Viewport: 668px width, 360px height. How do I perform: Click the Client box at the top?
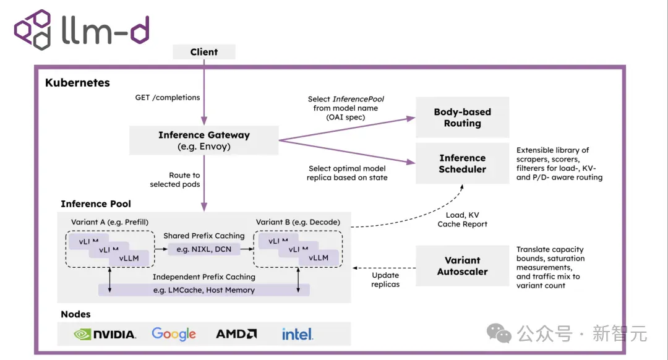pos(203,52)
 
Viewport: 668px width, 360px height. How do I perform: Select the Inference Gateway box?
pos(203,140)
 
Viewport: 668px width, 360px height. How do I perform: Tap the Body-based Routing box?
pos(462,117)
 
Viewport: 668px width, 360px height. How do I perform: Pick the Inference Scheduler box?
pos(462,163)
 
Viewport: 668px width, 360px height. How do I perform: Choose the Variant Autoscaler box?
pos(462,265)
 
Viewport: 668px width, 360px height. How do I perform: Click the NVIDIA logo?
pos(105,335)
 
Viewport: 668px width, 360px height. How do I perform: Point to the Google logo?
pos(174,334)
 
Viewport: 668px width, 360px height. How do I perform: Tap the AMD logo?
pos(236,334)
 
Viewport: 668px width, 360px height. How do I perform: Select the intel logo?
pos(298,334)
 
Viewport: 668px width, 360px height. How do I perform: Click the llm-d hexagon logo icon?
pos(33,30)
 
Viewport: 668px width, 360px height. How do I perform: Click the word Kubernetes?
pos(77,83)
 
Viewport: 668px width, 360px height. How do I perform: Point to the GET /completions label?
pos(168,98)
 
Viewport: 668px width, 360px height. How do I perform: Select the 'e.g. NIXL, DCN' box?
pos(204,249)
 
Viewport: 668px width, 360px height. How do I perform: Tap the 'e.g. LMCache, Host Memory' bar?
pos(204,290)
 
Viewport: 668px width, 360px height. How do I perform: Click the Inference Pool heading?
pos(96,204)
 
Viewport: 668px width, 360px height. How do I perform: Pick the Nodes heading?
pos(75,314)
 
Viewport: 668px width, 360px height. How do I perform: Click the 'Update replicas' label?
pos(385,280)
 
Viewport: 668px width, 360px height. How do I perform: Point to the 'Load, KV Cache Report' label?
pos(462,220)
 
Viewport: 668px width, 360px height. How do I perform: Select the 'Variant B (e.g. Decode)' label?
pos(298,222)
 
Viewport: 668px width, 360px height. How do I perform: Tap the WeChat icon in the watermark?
pos(499,333)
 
